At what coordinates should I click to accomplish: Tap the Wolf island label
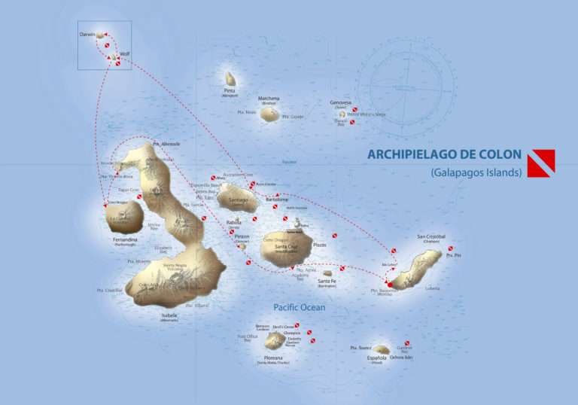(x=125, y=54)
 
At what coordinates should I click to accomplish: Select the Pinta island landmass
(x=230, y=78)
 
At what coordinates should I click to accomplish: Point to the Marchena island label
(x=269, y=99)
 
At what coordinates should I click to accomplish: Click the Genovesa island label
(x=341, y=102)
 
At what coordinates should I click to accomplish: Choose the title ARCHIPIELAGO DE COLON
(x=444, y=154)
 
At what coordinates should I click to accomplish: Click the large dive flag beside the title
(x=541, y=163)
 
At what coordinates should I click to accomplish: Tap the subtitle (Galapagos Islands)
(x=476, y=172)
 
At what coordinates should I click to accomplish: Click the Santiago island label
(x=238, y=200)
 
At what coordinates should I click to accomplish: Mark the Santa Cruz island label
(x=287, y=247)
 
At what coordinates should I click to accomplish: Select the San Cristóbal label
(x=431, y=236)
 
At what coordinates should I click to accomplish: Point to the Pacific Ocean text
(x=300, y=307)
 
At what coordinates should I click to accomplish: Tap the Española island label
(x=377, y=358)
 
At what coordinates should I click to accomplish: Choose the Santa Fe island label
(x=327, y=281)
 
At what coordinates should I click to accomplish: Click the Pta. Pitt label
(x=452, y=256)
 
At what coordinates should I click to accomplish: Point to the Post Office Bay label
(x=248, y=339)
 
